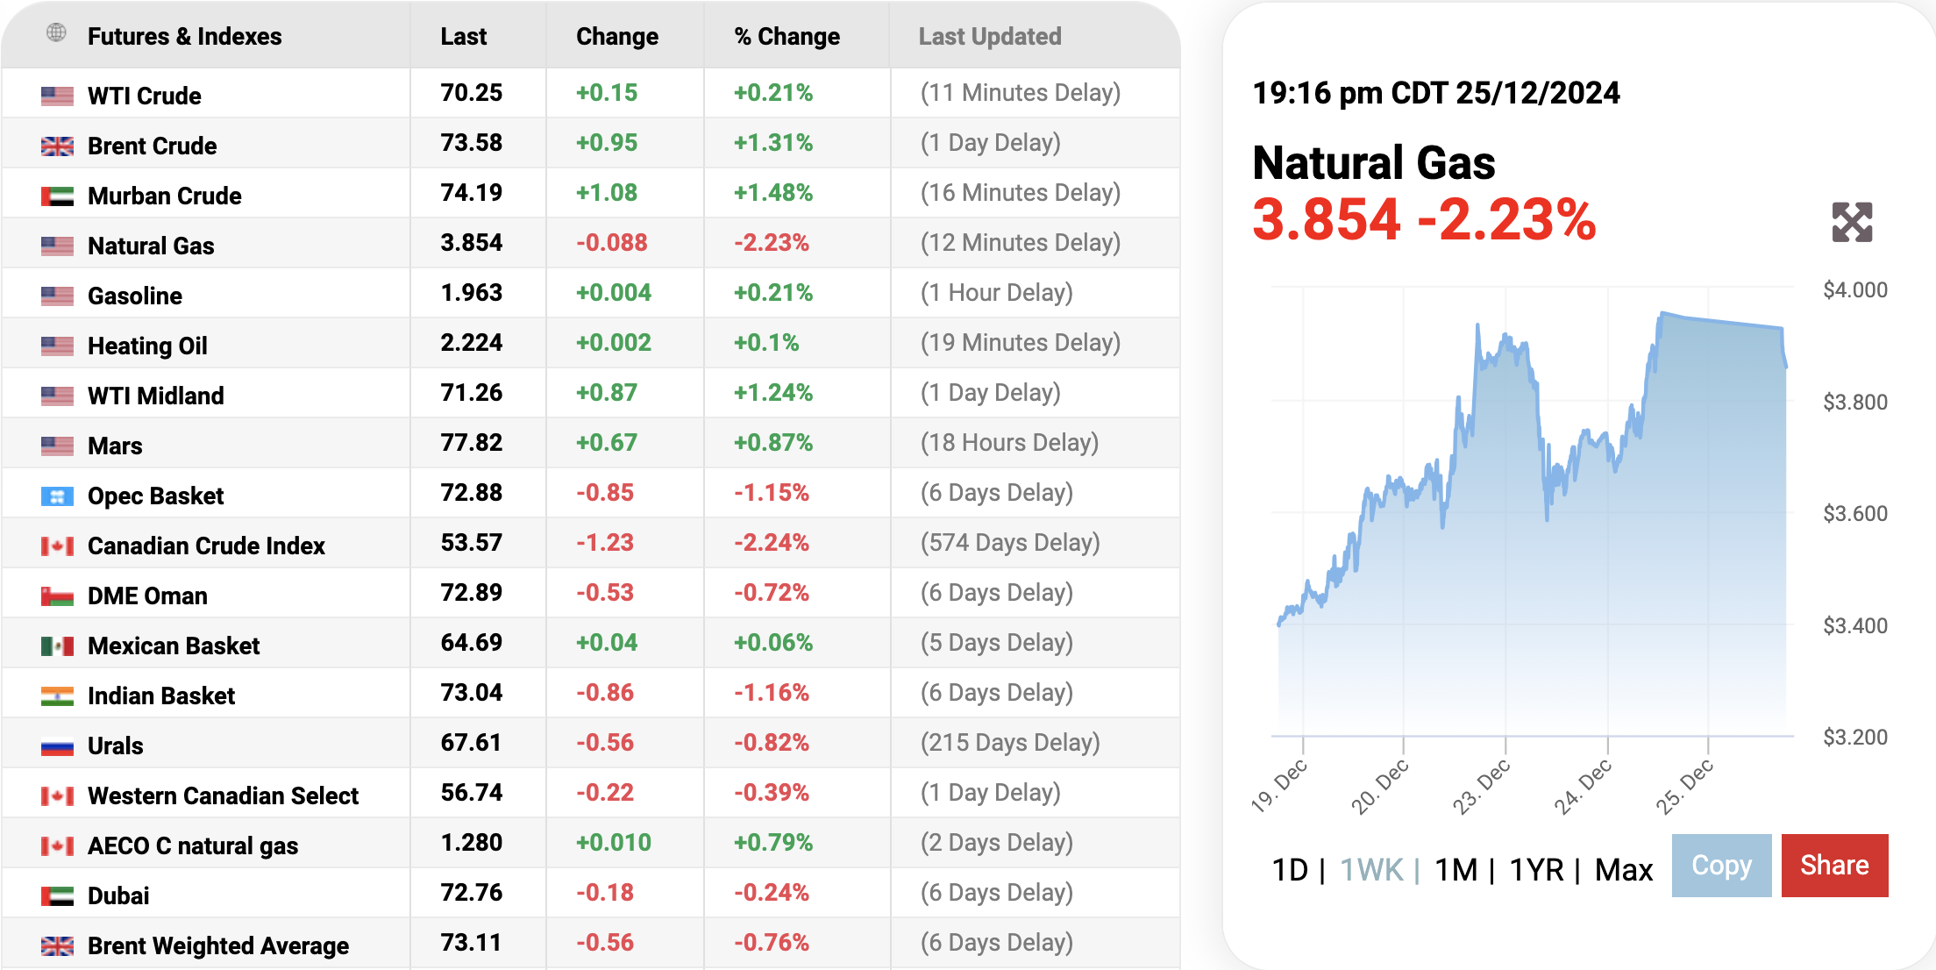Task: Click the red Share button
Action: [1834, 866]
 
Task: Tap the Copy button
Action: [1721, 866]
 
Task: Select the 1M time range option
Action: [1456, 870]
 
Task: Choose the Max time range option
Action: [1623, 870]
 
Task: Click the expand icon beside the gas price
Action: [1852, 222]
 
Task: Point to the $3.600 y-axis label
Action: [1855, 514]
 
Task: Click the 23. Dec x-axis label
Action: [1482, 786]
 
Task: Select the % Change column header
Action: [786, 37]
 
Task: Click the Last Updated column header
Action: [990, 37]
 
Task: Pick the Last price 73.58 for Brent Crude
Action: [472, 143]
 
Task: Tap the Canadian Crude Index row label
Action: [206, 546]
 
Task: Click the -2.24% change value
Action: [772, 543]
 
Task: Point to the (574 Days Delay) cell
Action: [1010, 543]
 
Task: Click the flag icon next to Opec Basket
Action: [57, 497]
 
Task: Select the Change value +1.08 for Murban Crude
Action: [607, 193]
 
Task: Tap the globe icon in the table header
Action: [56, 33]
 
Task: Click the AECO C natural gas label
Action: [193, 846]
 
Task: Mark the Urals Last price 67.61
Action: [472, 743]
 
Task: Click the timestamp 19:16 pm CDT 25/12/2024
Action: [1436, 93]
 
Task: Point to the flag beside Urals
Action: [57, 747]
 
